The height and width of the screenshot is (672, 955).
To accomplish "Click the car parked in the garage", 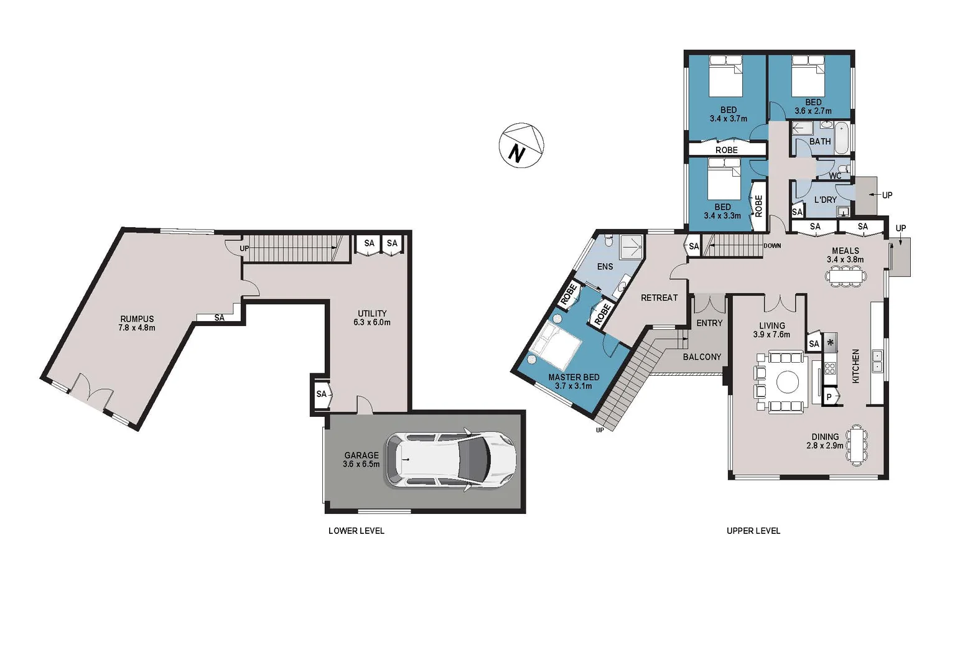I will coord(450,460).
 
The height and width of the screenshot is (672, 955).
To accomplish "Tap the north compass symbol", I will coord(521,146).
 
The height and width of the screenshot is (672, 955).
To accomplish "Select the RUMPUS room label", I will coord(137,323).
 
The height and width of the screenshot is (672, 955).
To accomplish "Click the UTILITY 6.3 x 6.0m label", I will coord(372,318).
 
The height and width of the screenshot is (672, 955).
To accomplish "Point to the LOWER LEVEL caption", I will coord(356,531).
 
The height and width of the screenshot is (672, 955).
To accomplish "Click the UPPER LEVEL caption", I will coord(753,531).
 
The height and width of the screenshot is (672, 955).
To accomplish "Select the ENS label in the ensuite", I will coord(605,266).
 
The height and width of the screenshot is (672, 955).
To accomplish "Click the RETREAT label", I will coord(659,298).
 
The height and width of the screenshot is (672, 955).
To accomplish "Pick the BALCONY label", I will coord(702,357).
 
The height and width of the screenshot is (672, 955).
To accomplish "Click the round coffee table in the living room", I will coord(786,381).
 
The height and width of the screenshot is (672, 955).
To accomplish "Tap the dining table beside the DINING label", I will coord(857,444).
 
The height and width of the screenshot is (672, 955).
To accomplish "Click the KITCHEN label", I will coord(855,366).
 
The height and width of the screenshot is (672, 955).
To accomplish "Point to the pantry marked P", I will coord(829,396).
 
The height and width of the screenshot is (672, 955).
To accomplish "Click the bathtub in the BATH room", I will coord(841,138).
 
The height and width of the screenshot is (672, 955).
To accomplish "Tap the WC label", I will coord(835,176).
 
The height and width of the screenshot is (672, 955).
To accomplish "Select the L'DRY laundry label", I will coord(825,200).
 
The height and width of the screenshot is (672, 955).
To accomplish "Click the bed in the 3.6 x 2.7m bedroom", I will coord(808,77).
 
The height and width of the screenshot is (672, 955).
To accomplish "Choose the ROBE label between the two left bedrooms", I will coord(726,150).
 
